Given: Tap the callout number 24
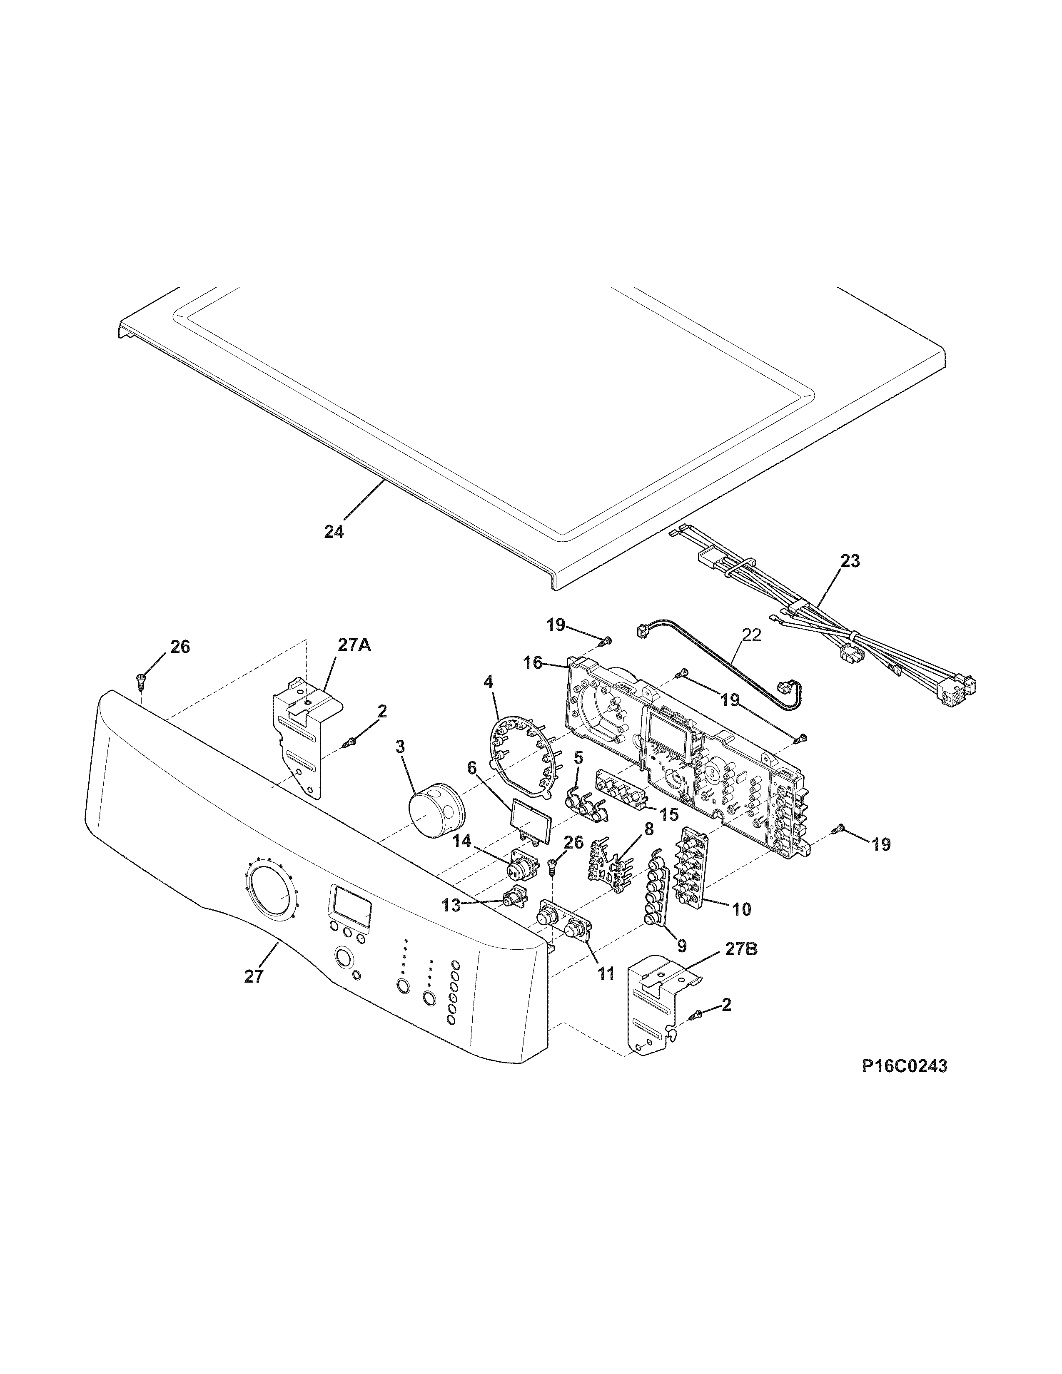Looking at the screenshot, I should point(334,532).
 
